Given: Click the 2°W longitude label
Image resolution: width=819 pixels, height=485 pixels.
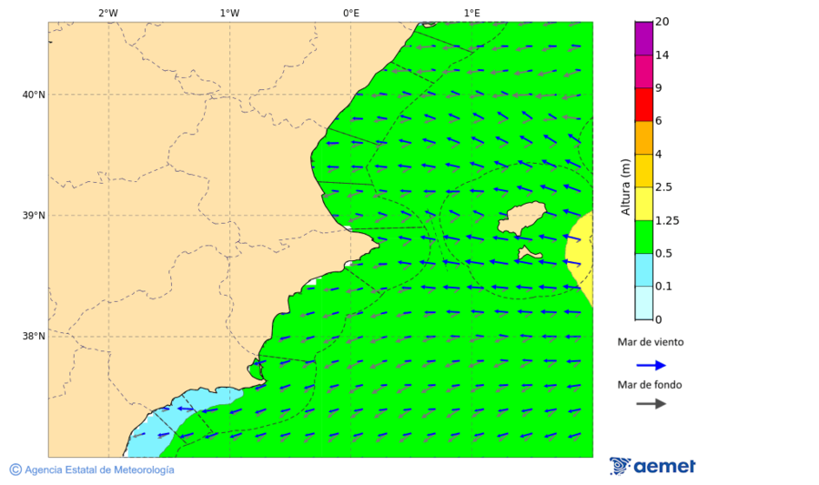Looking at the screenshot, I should pyautogui.click(x=107, y=13).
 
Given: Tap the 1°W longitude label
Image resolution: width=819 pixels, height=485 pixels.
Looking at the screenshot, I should pyautogui.click(x=229, y=13).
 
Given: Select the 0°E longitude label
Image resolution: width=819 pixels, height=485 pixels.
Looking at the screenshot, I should pyautogui.click(x=350, y=13).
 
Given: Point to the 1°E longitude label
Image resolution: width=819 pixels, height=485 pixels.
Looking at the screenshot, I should pyautogui.click(x=471, y=13).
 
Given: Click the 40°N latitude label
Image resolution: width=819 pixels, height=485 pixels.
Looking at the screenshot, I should pyautogui.click(x=34, y=95).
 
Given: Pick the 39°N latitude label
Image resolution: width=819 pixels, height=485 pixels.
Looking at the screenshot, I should pyautogui.click(x=34, y=216).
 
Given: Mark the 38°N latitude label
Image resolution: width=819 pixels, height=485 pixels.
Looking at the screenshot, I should pyautogui.click(x=34, y=337).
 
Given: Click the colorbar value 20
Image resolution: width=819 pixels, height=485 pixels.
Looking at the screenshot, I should pyautogui.click(x=662, y=22).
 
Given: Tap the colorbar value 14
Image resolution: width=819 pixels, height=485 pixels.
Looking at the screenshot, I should pyautogui.click(x=662, y=56).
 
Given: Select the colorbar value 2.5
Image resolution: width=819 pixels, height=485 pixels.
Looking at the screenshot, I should pyautogui.click(x=663, y=187).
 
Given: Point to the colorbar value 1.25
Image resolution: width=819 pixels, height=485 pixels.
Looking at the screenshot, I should pyautogui.click(x=666, y=220).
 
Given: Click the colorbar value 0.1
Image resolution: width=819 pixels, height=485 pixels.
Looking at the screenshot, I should pyautogui.click(x=663, y=287).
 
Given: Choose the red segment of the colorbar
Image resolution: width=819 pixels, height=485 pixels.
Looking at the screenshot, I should pyautogui.click(x=643, y=105).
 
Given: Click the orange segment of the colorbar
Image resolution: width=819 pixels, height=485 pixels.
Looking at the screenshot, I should pyautogui.click(x=643, y=137).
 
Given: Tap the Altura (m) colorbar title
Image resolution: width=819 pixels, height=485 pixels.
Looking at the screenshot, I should pyautogui.click(x=625, y=187).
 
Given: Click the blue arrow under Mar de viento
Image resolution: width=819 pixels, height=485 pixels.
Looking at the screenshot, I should pyautogui.click(x=651, y=365).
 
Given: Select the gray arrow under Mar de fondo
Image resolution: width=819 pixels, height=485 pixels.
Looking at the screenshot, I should pyautogui.click(x=651, y=404).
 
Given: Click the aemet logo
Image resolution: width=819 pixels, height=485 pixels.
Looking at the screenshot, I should pyautogui.click(x=652, y=466).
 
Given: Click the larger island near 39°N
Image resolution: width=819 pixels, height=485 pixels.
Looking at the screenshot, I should pyautogui.click(x=522, y=219).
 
